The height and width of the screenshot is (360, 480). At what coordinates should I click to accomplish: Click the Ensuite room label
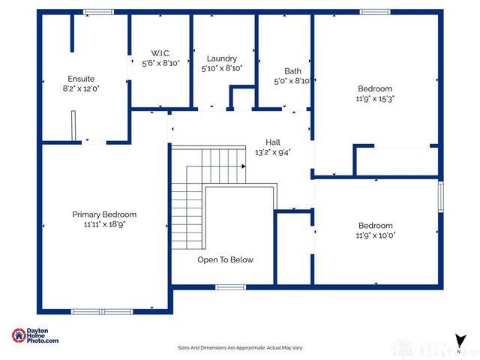coord(81,78)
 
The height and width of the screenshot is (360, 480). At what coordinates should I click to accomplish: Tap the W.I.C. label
coord(160,53)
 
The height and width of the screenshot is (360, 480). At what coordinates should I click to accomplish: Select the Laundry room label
coord(222,58)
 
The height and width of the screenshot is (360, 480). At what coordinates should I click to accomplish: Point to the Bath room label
coord(292,71)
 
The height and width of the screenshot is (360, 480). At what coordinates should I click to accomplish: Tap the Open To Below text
coord(225,259)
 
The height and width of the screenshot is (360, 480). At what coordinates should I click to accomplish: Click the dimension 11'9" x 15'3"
coord(375,97)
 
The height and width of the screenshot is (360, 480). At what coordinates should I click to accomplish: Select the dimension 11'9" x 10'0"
coord(375,235)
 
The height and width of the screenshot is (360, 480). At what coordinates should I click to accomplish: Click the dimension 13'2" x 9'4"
coord(273,151)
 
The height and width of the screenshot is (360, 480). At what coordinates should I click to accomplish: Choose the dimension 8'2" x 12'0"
coord(81,88)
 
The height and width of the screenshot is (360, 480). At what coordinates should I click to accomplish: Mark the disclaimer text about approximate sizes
coord(239,348)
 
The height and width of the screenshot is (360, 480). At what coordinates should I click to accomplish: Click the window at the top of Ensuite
coord(98,12)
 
